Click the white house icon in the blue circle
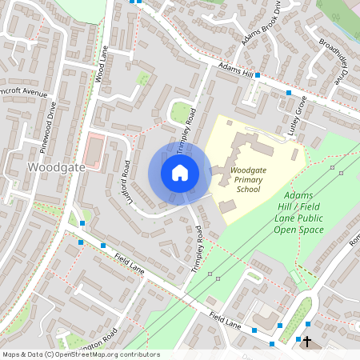click(179, 172)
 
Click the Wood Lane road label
click(101, 63)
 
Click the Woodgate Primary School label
click(250, 180)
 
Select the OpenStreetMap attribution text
click(80, 354)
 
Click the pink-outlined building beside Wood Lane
click(94, 151)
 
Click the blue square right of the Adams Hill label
click(258, 75)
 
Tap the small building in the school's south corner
click(228, 206)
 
